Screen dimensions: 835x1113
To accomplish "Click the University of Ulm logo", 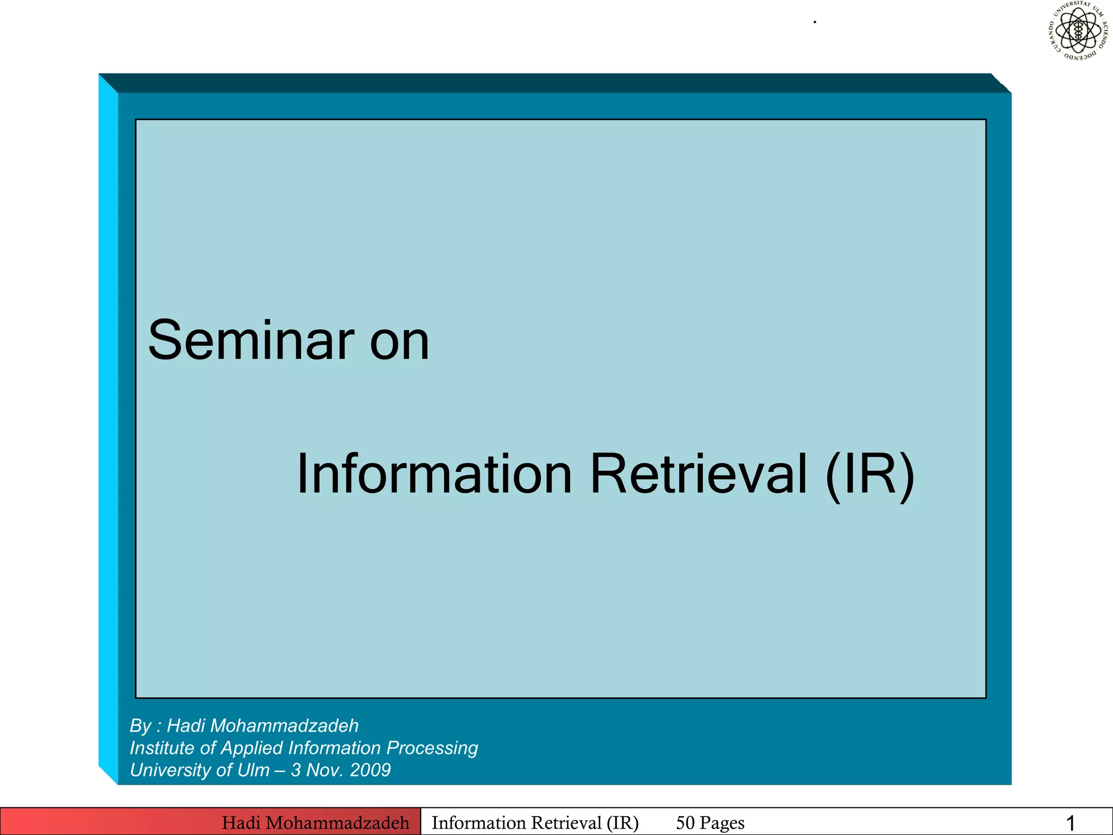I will [x=1078, y=30].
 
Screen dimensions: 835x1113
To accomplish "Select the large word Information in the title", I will [x=434, y=474].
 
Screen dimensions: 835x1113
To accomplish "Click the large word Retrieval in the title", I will [x=698, y=474].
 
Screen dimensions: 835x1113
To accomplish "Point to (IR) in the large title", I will [x=870, y=475].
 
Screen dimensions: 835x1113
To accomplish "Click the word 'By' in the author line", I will [x=140, y=726].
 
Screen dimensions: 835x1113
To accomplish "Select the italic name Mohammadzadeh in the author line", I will [x=287, y=726].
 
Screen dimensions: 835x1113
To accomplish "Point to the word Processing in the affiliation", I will [x=432, y=749].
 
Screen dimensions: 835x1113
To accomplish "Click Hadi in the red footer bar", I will [x=241, y=822].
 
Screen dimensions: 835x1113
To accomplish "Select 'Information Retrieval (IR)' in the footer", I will [x=535, y=822].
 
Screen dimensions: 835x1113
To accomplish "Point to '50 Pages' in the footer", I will [x=710, y=822].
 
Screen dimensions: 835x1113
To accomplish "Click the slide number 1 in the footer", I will [x=1070, y=823].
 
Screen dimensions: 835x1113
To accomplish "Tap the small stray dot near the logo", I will [x=815, y=22].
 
